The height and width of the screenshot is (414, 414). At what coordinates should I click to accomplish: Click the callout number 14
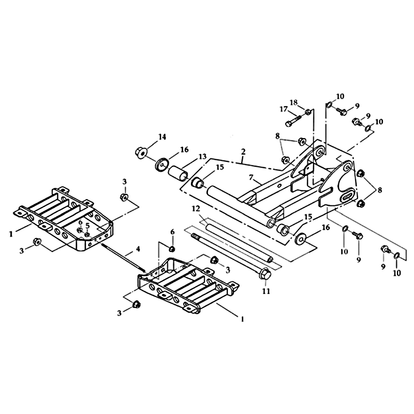coord(162,137)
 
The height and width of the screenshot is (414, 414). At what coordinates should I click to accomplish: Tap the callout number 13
coord(202,157)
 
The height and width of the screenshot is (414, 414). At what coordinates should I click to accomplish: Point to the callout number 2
coord(243,152)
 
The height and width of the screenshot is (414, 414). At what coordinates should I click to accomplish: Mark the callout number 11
coord(266,291)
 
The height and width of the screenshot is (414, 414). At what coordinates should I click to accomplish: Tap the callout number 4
coord(138,249)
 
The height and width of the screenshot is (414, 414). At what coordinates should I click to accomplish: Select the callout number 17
coord(284,109)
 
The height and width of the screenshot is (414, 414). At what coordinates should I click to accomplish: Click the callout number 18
coord(293,102)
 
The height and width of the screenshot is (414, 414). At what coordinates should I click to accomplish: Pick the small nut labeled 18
coord(307,112)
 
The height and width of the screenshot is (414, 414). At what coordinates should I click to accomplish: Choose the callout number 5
coord(88,225)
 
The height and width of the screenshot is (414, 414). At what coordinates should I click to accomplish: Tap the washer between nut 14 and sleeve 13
coord(161,165)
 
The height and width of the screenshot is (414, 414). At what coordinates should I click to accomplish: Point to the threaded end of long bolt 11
coord(195,236)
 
